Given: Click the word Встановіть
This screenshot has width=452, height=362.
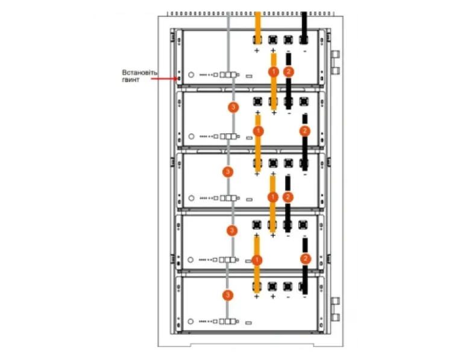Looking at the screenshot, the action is point(140,72).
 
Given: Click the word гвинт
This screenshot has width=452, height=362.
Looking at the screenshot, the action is point(131,80).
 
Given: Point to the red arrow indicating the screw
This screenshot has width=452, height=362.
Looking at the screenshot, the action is point(165,78).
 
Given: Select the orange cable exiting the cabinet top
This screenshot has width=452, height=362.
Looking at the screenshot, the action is point(258,28).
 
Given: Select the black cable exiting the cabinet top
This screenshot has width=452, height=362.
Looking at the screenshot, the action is point(304,28).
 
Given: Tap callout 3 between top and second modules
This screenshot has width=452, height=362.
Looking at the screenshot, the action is point(233,107).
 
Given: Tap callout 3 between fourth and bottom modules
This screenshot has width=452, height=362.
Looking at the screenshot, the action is point(228,295).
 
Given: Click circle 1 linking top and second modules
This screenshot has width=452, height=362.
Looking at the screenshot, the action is point(274,72).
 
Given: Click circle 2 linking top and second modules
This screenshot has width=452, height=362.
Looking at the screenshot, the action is point(289,72).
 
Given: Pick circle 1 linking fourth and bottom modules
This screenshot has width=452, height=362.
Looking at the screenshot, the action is point(257,260).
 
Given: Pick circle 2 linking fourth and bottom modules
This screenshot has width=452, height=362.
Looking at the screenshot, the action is point(306,259).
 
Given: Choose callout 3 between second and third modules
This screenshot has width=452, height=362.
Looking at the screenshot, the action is point(228,172).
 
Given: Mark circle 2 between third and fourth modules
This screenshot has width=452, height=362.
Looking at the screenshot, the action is point(287,197).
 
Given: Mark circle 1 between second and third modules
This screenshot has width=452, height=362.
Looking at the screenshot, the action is point(259,131).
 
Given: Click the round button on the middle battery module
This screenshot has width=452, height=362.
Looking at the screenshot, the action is point(191,198).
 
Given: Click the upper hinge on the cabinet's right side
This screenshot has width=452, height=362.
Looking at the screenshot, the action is point(335,63).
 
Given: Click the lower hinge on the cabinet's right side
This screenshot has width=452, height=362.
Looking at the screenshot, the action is point(335,309).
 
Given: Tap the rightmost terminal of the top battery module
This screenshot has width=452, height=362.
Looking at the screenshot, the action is point(304,40).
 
